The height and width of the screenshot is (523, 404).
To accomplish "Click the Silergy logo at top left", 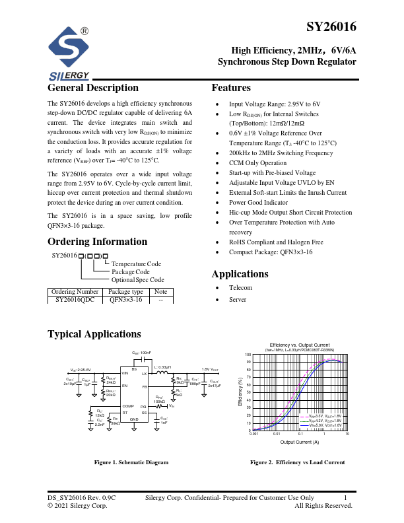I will point(69,53).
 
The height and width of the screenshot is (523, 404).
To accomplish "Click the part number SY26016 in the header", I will point(331,28).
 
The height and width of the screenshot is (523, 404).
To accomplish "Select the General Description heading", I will point(93,88).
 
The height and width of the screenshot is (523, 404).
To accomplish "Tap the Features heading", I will point(231,88).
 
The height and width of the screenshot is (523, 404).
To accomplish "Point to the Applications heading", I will point(240,274).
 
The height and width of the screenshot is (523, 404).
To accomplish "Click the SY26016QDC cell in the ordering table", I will point(75,300).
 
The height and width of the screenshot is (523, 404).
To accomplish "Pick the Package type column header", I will point(125,291).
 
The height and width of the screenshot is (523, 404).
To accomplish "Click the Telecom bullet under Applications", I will point(240,288).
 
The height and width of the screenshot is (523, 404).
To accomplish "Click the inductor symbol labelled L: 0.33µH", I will point(161,374).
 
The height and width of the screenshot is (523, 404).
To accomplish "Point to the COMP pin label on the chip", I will point(128,406).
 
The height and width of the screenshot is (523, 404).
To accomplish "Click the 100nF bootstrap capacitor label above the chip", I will point(142,353).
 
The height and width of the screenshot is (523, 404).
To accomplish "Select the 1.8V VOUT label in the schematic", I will point(211,369).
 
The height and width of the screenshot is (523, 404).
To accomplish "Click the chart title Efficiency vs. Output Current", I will point(300,345).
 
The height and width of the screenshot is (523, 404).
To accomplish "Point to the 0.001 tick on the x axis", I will point(253,434).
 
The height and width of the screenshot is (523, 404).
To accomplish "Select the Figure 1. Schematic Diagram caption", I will point(131,462).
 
